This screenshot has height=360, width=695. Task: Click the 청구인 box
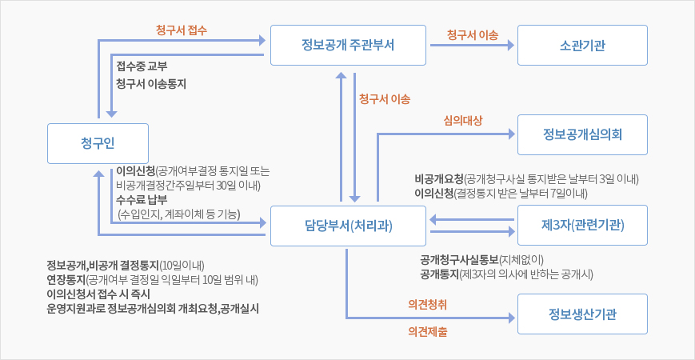(98, 143)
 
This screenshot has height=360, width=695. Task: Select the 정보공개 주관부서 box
(342, 45)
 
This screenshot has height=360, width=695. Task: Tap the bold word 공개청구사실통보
(460, 259)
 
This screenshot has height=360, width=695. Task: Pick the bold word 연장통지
(66, 279)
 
